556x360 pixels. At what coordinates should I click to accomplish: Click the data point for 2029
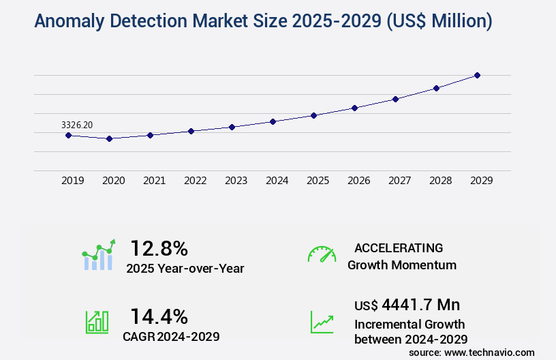[477, 75]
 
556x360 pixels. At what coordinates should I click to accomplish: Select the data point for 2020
[109, 138]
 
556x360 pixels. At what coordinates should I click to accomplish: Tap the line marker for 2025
[313, 115]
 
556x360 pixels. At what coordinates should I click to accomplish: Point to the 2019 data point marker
[68, 135]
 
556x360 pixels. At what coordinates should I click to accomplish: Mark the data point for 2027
[395, 99]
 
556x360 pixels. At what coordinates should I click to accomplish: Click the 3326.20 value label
[77, 125]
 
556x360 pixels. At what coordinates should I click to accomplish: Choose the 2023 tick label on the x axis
[236, 181]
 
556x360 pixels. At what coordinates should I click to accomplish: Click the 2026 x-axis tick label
[358, 181]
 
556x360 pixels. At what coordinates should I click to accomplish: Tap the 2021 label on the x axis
[154, 181]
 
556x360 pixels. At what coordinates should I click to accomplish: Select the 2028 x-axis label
[440, 181]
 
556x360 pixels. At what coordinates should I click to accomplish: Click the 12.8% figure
[159, 248]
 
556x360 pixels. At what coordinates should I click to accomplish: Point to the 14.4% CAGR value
[159, 316]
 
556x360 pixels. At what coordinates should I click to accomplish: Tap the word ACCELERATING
[399, 248]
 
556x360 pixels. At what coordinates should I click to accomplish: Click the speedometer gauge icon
[322, 254]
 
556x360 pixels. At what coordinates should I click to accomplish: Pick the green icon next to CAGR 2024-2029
[97, 322]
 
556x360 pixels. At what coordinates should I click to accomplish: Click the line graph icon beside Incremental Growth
[322, 322]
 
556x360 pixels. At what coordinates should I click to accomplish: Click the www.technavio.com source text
[489, 352]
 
